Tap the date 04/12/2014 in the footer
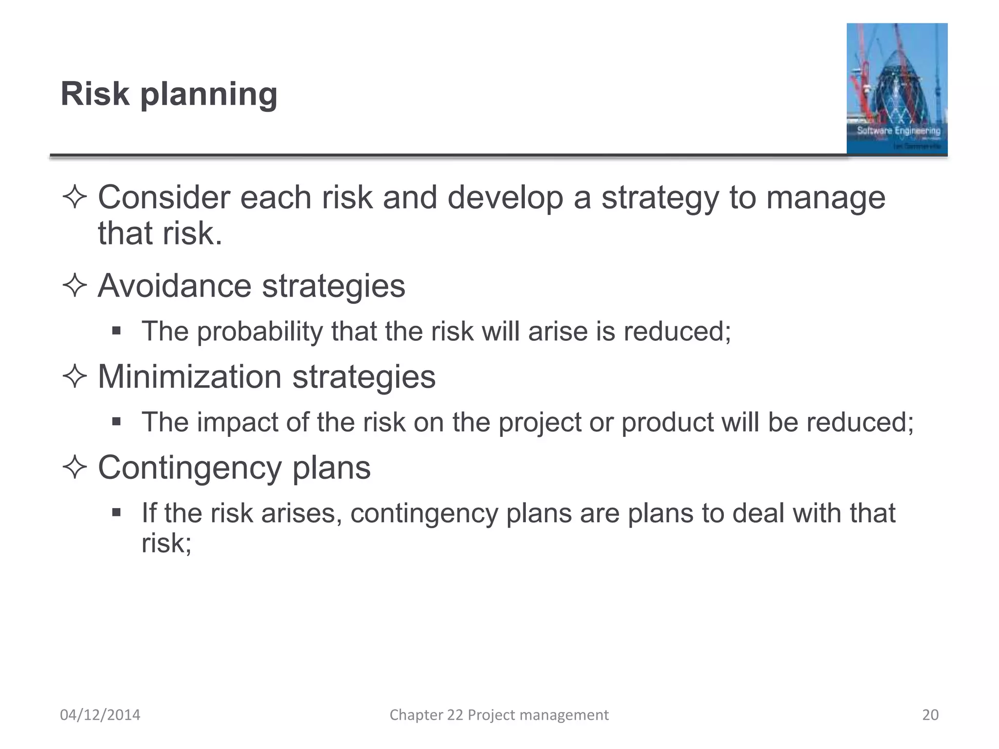click(100, 715)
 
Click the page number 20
click(930, 715)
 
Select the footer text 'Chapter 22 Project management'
click(499, 715)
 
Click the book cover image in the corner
click(897, 89)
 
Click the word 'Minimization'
click(189, 376)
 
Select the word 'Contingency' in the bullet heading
click(189, 468)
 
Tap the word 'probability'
click(260, 332)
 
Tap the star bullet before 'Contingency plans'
click(75, 467)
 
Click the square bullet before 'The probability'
click(116, 331)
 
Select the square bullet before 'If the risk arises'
click(116, 512)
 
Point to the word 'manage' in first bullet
click(825, 197)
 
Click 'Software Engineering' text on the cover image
click(899, 131)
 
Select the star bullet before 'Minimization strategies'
click(75, 376)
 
